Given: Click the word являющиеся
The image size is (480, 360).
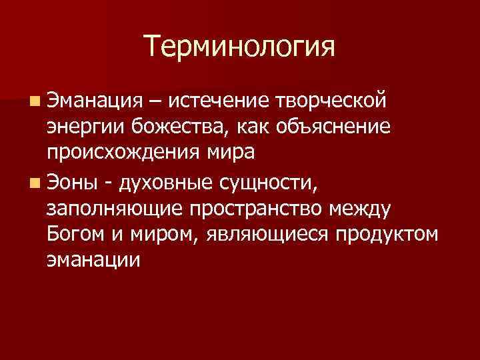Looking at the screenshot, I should point(259,235).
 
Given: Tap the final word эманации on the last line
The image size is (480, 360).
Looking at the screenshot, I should point(93,261).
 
